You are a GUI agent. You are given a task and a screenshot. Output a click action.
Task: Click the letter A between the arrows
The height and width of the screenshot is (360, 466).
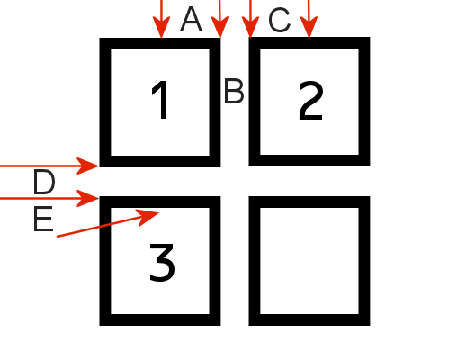[x=191, y=20]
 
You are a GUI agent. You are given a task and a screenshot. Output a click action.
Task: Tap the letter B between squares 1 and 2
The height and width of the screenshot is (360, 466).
[x=234, y=91]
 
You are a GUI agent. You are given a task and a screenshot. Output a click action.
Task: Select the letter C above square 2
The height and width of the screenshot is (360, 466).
[x=280, y=21]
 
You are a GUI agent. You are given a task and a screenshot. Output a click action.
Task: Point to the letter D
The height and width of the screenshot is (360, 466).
[x=44, y=182]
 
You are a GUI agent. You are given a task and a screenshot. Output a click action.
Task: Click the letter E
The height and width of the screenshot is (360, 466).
[x=43, y=219]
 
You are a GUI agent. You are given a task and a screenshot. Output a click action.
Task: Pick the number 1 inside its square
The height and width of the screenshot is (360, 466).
[x=160, y=100]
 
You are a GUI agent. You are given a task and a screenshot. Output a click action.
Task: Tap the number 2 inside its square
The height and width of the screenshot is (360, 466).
[x=311, y=101]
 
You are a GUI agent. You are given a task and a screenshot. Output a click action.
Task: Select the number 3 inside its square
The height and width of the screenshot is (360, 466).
[x=162, y=263]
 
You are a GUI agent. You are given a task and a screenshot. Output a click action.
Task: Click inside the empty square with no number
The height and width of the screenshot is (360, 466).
[x=309, y=261]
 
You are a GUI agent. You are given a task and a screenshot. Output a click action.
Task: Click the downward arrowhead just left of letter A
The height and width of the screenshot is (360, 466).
[x=162, y=27]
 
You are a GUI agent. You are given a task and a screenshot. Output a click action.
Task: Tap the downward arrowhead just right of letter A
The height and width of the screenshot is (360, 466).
[x=220, y=27]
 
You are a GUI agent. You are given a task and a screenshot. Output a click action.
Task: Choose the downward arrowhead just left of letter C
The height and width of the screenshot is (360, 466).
[x=250, y=27]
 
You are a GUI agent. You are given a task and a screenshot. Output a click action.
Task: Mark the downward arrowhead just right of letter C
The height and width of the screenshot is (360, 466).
[x=309, y=27]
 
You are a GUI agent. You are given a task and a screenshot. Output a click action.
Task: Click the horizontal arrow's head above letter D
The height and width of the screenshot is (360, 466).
[x=88, y=166]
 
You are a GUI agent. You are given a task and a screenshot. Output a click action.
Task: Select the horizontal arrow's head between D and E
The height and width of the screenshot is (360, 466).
[x=88, y=198]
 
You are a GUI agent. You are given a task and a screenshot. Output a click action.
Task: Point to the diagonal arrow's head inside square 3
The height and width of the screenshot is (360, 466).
[x=148, y=217]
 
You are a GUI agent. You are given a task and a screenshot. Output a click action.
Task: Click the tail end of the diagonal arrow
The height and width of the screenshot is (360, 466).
[x=57, y=237]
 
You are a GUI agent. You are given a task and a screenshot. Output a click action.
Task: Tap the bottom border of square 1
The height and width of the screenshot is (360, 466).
[x=160, y=161]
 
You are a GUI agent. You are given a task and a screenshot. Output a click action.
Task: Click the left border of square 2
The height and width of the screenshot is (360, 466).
[x=255, y=102]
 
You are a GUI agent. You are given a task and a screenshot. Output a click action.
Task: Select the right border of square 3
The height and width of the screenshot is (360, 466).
[x=215, y=261]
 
